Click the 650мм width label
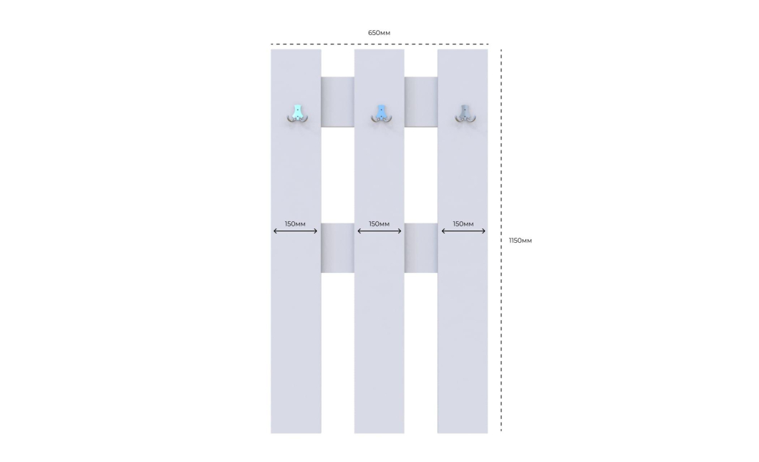[379, 33]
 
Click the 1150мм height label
[521, 240]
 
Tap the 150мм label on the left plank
[295, 223]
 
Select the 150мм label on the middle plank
[379, 223]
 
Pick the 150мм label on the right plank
[463, 223]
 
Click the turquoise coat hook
[297, 114]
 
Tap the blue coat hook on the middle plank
[382, 114]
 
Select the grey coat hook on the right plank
[465, 114]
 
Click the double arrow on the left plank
[295, 231]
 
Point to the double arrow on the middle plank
[379, 231]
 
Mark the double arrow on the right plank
[463, 231]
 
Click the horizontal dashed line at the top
[379, 44]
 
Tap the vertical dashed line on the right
[501, 240]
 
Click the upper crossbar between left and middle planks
[337, 102]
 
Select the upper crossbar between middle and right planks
[421, 102]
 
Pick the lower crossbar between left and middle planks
[337, 248]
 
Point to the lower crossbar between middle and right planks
[421, 248]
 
